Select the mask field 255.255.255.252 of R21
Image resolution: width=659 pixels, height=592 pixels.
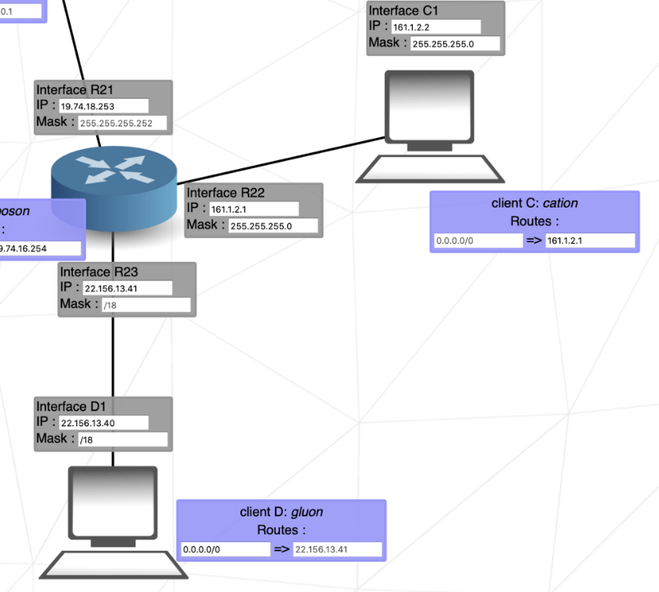pyautogui.click(x=125, y=123)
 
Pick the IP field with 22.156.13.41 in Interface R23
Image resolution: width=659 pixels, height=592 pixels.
pyautogui.click(x=126, y=288)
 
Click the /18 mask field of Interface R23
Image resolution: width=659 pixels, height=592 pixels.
pyautogui.click(x=146, y=305)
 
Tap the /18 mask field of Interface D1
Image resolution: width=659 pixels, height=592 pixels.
pyautogui.click(x=122, y=439)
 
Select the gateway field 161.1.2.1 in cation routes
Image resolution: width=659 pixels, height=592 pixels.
pyautogui.click(x=590, y=241)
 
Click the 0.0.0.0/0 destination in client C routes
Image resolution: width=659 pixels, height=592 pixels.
pyautogui.click(x=478, y=241)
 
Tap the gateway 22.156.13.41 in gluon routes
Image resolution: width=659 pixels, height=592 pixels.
pyautogui.click(x=337, y=549)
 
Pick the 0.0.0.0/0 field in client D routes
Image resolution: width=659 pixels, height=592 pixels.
pyautogui.click(x=225, y=549)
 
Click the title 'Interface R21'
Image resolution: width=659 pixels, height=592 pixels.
pyautogui.click(x=73, y=89)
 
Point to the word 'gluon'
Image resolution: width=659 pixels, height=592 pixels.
pyautogui.click(x=307, y=512)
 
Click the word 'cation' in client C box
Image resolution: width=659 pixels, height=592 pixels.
pyautogui.click(x=561, y=203)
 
